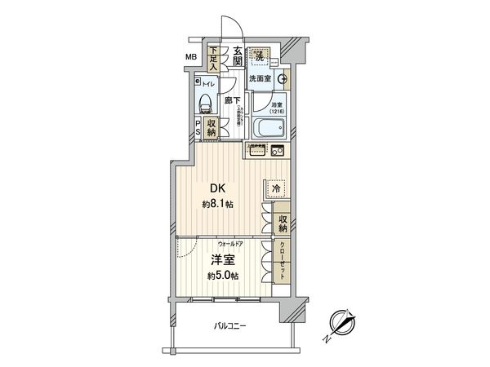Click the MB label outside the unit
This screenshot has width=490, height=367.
[190, 56]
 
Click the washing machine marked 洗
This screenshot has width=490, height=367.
[260, 56]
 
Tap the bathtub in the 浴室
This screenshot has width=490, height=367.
[267, 129]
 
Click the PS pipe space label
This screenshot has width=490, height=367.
[198, 129]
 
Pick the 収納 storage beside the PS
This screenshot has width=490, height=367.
[212, 129]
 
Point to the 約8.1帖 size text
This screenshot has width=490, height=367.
[218, 204]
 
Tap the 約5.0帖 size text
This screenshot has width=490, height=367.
[222, 276]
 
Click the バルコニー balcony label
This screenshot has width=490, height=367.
[230, 325]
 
